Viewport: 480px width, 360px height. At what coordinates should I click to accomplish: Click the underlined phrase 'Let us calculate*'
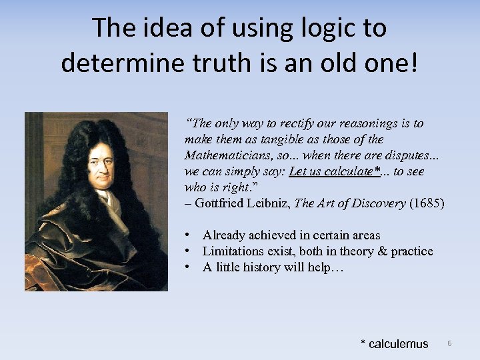[334, 171]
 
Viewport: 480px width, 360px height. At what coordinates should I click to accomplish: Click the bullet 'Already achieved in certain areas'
[291, 235]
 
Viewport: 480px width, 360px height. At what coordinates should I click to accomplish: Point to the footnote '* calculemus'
[394, 344]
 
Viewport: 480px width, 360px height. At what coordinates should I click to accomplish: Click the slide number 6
[449, 343]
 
